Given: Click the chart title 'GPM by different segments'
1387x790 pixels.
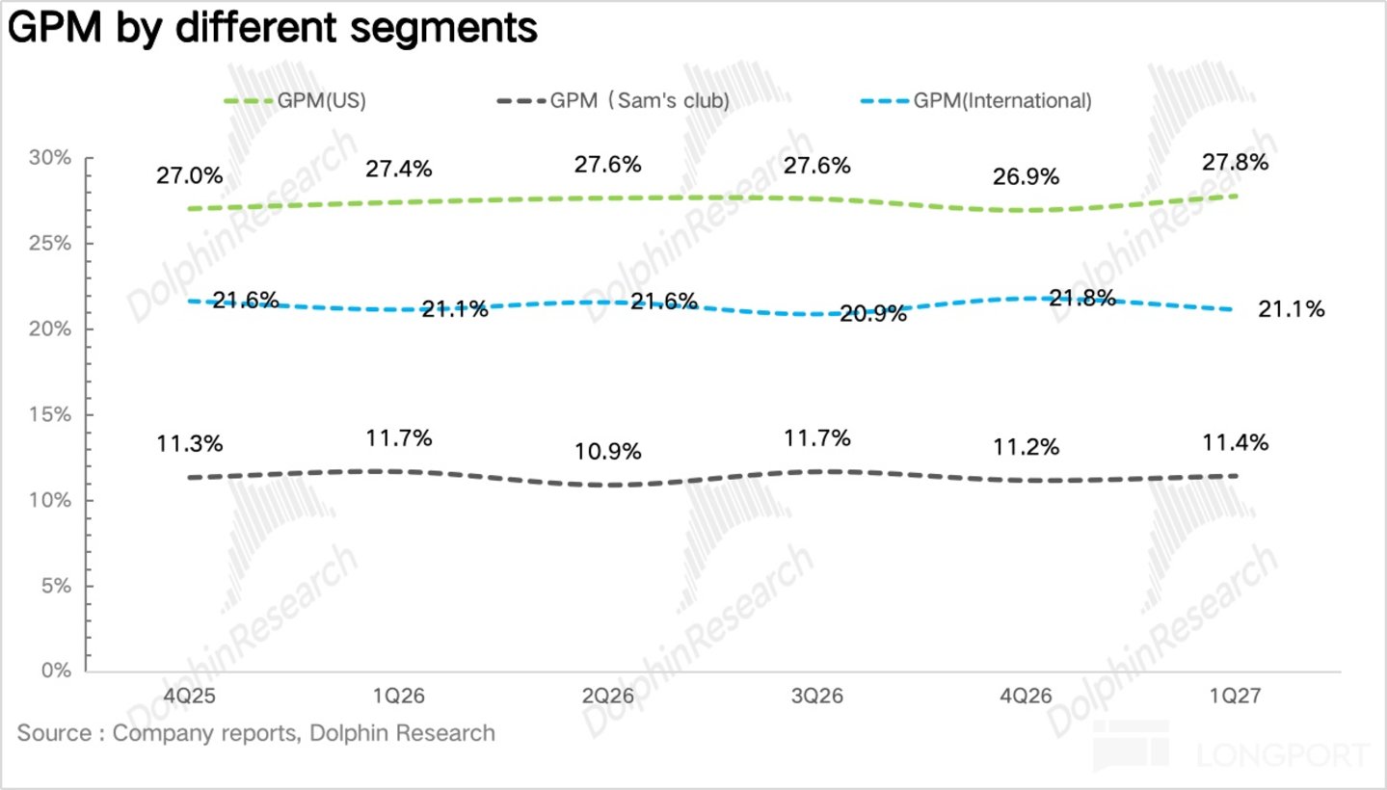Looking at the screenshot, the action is click(x=273, y=29).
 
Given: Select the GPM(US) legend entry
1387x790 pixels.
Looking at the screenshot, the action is click(x=295, y=100).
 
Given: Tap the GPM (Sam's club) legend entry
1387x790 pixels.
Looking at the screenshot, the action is click(x=613, y=100).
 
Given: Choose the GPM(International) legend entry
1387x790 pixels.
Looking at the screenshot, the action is click(x=975, y=100).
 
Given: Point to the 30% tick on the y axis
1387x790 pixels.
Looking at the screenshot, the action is click(x=50, y=158).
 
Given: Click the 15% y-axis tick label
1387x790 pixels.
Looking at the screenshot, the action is click(x=50, y=414).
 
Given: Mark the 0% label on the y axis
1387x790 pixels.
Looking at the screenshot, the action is click(x=56, y=671).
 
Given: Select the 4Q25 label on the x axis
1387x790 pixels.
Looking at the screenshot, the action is click(x=190, y=696).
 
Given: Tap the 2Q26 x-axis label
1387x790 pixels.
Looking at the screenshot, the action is click(x=608, y=696).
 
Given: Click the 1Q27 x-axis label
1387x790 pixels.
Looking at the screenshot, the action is click(x=1236, y=696).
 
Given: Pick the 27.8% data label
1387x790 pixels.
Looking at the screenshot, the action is click(x=1236, y=163).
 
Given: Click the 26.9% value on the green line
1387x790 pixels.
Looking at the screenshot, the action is click(x=1026, y=177).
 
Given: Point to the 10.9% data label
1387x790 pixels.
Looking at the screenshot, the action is click(x=608, y=452).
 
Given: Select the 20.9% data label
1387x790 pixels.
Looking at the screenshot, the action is click(x=873, y=314).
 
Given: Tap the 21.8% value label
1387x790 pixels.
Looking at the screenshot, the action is click(x=1082, y=299).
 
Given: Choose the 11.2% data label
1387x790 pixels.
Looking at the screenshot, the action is click(x=1026, y=448).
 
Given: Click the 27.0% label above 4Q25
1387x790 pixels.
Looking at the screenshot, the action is click(x=190, y=176).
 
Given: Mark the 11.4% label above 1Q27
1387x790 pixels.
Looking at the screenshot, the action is click(x=1236, y=443).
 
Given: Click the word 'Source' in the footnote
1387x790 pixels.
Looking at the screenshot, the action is click(x=55, y=734).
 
